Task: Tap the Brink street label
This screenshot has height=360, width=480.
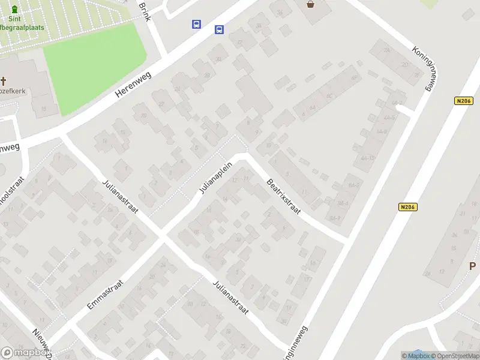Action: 144,10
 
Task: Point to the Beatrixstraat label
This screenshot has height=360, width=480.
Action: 283,196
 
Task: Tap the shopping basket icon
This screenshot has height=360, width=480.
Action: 310,4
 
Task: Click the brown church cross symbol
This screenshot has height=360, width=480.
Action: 3,81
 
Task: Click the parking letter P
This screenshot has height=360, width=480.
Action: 472,266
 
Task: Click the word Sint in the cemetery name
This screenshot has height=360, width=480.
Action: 14,19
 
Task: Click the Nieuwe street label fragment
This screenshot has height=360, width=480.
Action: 41,341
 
